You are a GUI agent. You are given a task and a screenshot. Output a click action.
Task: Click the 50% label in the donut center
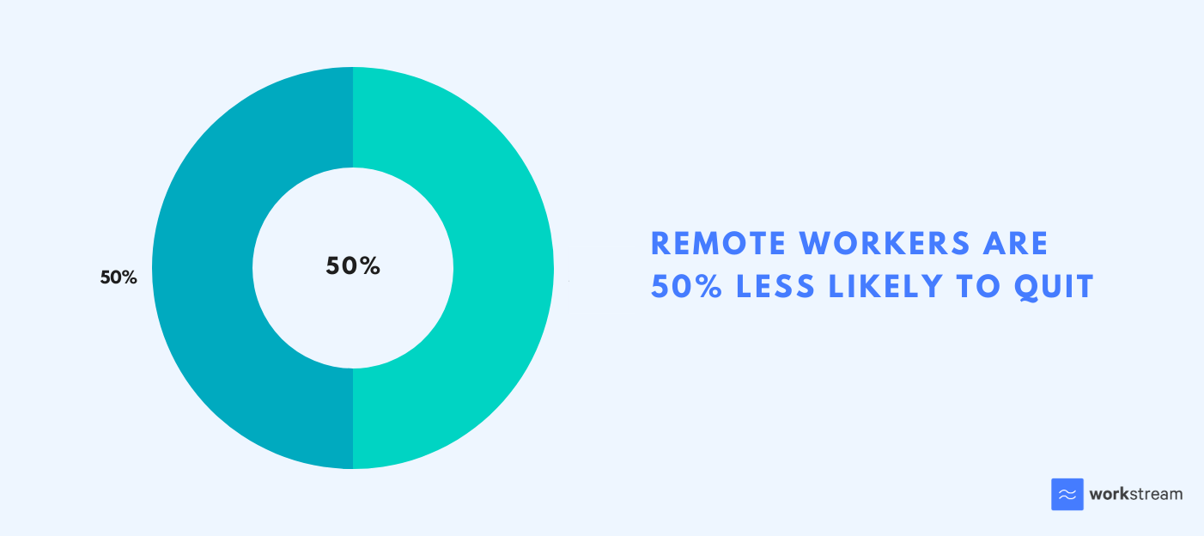click(x=353, y=265)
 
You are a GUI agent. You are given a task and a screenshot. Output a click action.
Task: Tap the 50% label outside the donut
click(x=119, y=277)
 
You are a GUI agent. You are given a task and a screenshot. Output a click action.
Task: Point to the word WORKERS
click(x=885, y=244)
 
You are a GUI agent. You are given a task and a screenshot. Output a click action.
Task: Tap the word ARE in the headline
click(x=1016, y=244)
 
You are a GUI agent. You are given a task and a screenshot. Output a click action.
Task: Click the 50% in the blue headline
click(x=686, y=286)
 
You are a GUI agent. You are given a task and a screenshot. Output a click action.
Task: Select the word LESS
click(x=775, y=286)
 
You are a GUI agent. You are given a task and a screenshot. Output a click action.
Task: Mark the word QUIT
click(x=1054, y=287)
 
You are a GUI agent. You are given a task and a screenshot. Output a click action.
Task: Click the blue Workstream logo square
click(x=1067, y=494)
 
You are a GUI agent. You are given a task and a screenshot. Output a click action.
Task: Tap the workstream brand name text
click(x=1136, y=494)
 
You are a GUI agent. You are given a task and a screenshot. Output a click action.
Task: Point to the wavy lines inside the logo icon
click(x=1067, y=494)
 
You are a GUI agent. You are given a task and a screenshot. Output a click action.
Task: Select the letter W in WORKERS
click(x=815, y=244)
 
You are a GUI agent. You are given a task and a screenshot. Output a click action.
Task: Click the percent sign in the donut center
click(x=369, y=265)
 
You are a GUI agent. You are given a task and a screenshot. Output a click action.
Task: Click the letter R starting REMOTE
click(x=660, y=244)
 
